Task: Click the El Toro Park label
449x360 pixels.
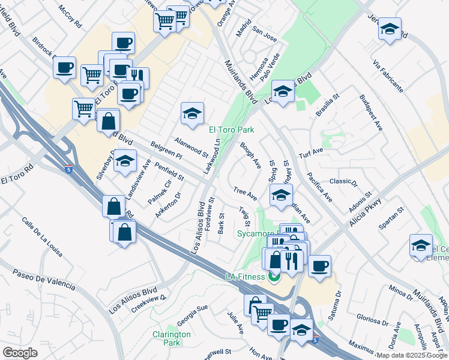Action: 231,130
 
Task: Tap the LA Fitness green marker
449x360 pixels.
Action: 274,277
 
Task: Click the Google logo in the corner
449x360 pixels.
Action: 20,353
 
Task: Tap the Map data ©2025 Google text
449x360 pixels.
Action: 411,355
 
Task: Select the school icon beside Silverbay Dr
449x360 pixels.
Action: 125,161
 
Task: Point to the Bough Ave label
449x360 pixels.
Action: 250,155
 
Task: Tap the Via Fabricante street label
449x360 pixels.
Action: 388,75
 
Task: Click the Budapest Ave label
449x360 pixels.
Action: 371,112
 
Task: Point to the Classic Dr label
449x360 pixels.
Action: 343,181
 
